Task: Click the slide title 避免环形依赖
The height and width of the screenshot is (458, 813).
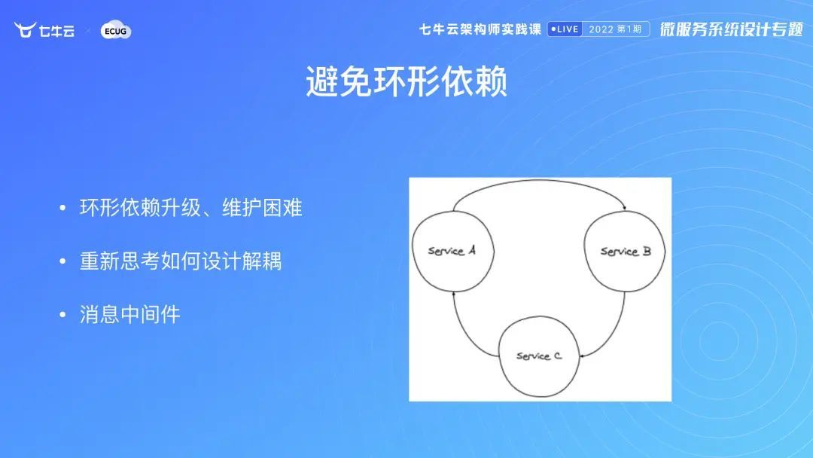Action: point(406,81)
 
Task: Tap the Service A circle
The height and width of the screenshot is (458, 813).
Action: point(452,251)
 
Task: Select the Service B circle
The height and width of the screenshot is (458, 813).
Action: point(625,251)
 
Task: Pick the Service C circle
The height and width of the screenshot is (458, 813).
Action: point(539,356)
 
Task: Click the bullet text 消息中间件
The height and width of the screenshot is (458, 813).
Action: point(129,314)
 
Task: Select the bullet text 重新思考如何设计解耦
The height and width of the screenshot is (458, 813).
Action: point(181,261)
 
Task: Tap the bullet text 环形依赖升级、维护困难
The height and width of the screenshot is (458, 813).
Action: point(190,208)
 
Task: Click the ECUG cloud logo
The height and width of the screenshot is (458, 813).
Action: point(116,31)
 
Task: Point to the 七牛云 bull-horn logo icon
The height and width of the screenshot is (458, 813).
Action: point(26,30)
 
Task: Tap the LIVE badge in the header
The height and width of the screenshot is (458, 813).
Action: point(565,29)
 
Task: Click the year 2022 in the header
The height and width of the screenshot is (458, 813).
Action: point(601,29)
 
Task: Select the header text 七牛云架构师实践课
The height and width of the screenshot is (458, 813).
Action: point(480,29)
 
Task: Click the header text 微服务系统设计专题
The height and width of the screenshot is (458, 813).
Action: point(731,29)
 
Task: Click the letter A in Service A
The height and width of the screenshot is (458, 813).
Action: point(471,250)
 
